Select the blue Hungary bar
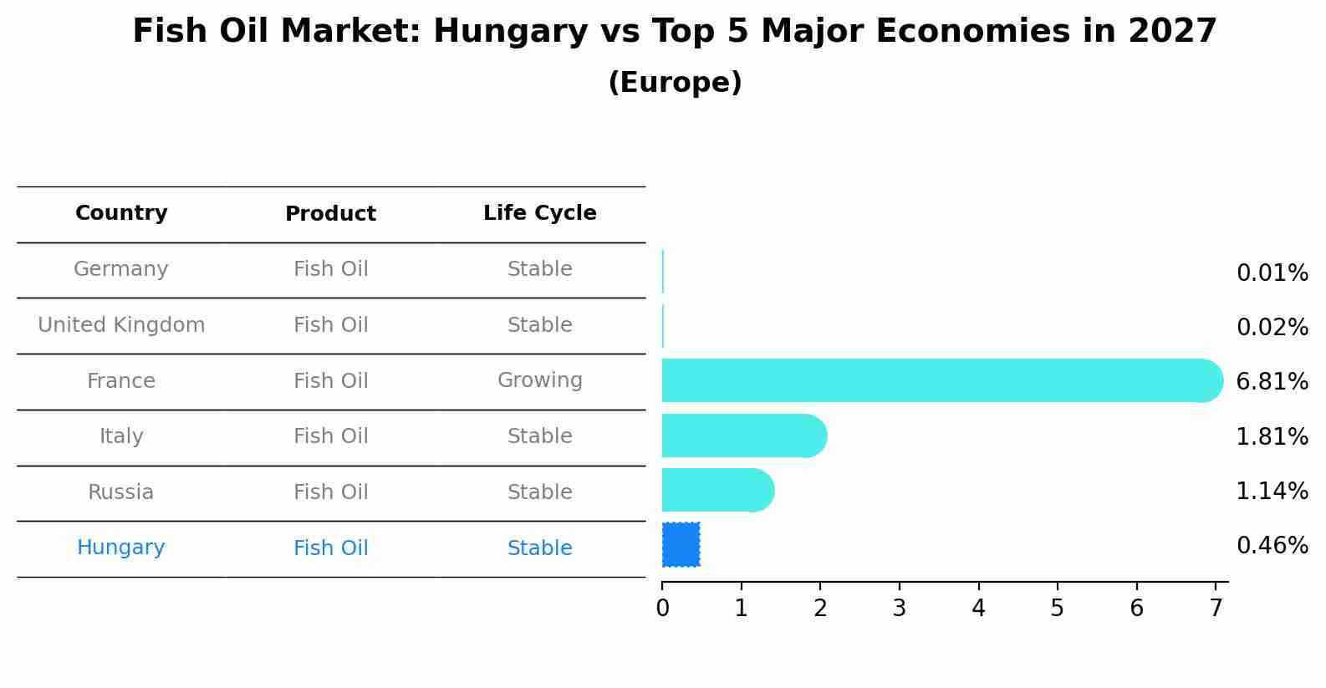coord(681,545)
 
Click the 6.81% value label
coord(1272,382)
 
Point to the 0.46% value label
coord(1272,546)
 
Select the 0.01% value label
coord(1272,273)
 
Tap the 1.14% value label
coord(1272,491)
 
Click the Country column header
coord(121,213)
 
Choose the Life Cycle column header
coord(539,213)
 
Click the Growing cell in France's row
coord(539,380)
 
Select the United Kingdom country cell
coord(121,325)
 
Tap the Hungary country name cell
coord(121,548)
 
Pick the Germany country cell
coord(121,269)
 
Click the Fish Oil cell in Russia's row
coord(330,492)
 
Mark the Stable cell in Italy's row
coord(539,436)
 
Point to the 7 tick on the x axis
coord(1216,608)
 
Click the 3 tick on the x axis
coord(900,608)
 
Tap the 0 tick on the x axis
coord(662,608)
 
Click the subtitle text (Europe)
coord(675,83)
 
